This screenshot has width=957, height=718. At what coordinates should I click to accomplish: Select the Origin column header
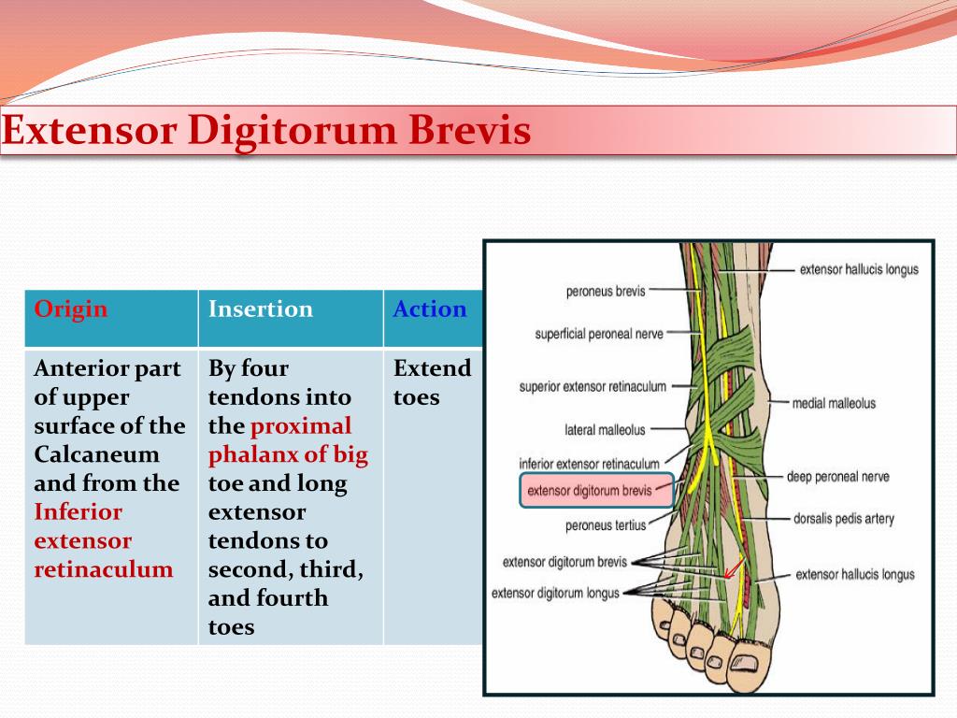point(71,309)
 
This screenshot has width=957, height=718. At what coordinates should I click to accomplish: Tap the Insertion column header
point(261,309)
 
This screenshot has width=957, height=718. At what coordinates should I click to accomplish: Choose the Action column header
point(430,309)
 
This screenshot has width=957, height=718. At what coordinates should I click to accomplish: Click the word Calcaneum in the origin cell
point(84,455)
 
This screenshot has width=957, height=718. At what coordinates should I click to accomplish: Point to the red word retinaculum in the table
point(104,569)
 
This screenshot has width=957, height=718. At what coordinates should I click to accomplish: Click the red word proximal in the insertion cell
point(301,426)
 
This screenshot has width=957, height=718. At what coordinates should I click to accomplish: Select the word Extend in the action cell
point(432,368)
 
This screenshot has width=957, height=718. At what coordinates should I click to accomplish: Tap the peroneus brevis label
point(605,292)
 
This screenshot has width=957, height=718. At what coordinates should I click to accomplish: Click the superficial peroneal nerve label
point(598,334)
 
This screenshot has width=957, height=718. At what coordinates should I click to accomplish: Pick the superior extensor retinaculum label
point(593,387)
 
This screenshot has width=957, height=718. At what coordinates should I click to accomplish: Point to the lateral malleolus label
point(605,431)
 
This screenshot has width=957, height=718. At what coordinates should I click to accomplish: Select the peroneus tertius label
point(606,525)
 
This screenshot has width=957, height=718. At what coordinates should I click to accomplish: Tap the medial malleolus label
point(834,404)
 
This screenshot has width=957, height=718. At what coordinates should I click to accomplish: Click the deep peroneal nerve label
point(837,477)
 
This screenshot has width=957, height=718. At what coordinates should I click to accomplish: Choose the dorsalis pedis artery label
point(843,518)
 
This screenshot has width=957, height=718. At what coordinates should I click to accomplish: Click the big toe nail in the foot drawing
point(744,663)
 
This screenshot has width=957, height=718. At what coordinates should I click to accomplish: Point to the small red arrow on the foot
point(735,567)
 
